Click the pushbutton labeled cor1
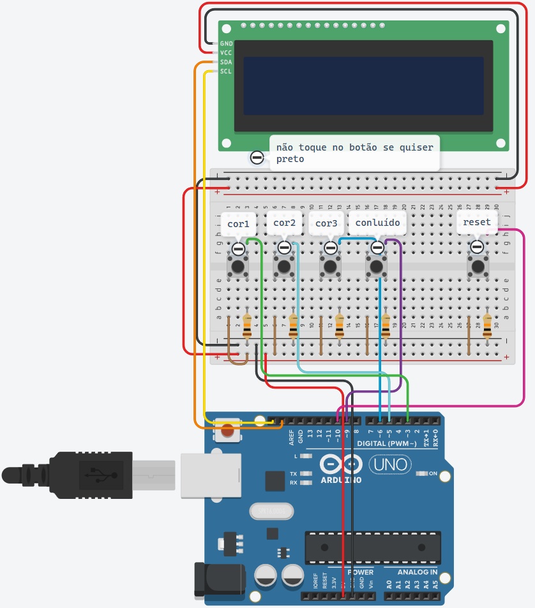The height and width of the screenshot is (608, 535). (x=238, y=265)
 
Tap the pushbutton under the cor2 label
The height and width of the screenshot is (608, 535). (x=284, y=265)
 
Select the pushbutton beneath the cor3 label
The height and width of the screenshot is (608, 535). (x=330, y=265)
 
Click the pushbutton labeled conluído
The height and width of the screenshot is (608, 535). (x=376, y=265)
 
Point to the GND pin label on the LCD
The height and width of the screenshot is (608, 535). (x=226, y=43)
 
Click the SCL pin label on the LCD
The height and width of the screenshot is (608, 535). (x=226, y=71)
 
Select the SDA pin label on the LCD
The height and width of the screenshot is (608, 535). (x=226, y=62)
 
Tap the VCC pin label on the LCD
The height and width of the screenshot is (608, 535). (x=226, y=52)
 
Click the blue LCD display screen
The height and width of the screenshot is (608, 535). (x=363, y=86)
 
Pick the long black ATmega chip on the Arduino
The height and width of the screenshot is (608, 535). (x=372, y=547)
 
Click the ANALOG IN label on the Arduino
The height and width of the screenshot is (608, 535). (x=418, y=572)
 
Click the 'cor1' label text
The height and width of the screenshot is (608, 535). (x=238, y=223)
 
